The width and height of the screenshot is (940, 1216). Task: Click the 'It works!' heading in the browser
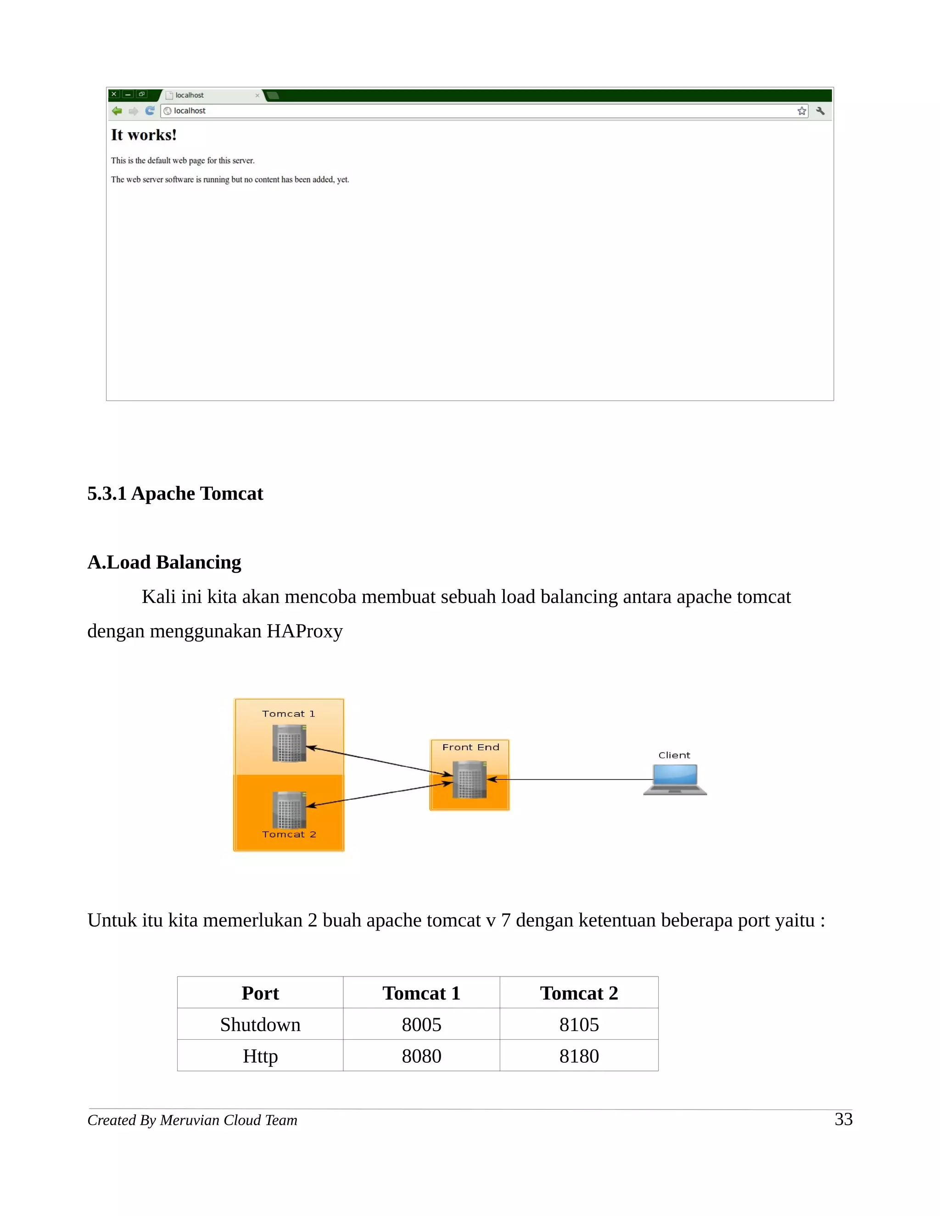pyautogui.click(x=144, y=135)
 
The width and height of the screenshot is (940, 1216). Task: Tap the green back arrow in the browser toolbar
pyautogui.click(x=117, y=111)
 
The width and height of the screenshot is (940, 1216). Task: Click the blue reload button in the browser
pyautogui.click(x=150, y=111)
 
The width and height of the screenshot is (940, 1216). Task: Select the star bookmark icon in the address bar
pyautogui.click(x=801, y=111)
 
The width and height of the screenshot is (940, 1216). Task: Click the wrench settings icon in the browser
pyautogui.click(x=820, y=111)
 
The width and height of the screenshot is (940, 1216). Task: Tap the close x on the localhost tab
pyautogui.click(x=257, y=95)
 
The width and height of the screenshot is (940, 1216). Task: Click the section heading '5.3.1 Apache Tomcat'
pyautogui.click(x=175, y=493)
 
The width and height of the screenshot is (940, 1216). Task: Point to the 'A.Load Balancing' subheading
pyautogui.click(x=164, y=563)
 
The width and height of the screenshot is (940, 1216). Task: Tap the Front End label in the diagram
pyautogui.click(x=470, y=747)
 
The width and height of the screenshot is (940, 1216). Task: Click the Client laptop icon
pyautogui.click(x=675, y=779)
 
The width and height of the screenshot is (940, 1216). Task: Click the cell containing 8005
pyautogui.click(x=421, y=1025)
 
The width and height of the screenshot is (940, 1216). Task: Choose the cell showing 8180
pyautogui.click(x=579, y=1056)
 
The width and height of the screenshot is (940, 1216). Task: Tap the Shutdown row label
pyautogui.click(x=260, y=1025)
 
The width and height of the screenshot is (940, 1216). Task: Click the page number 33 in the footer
pyautogui.click(x=843, y=1119)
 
